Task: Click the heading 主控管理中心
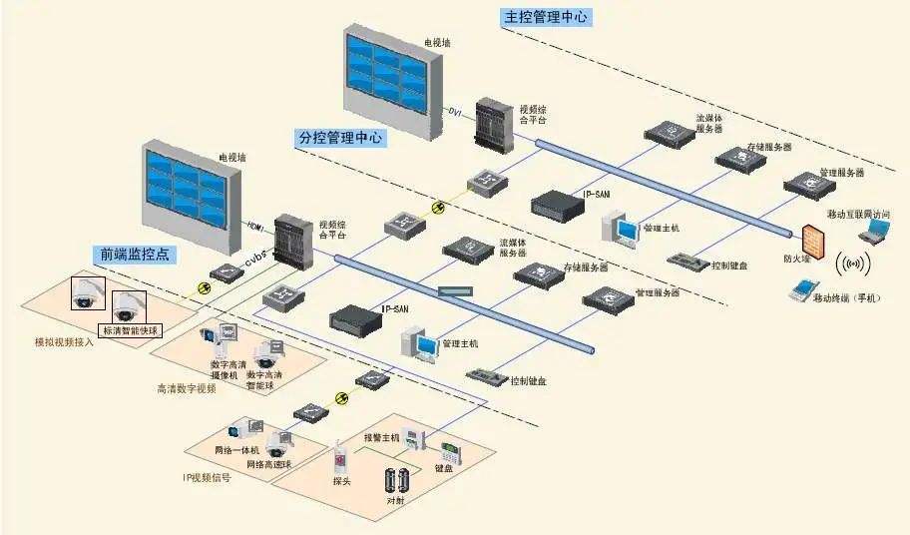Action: click(x=547, y=17)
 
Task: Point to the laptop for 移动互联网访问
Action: click(x=875, y=232)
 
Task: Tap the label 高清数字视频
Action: click(x=187, y=388)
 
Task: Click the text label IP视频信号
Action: click(x=207, y=478)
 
